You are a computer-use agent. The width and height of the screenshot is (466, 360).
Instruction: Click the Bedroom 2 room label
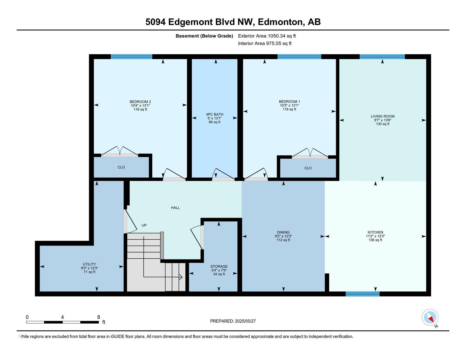140,102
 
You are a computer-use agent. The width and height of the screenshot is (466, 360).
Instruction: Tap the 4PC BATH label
214,114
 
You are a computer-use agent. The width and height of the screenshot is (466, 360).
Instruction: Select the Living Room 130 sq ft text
383,124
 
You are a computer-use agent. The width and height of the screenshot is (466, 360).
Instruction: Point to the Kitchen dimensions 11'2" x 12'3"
375,236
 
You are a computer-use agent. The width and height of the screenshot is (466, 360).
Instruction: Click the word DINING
283,232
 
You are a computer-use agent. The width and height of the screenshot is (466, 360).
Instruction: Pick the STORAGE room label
219,266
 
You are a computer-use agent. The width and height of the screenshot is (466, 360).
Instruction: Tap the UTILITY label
89,264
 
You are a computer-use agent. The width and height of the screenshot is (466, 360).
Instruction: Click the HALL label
175,208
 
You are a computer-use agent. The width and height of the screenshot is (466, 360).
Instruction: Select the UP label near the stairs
144,225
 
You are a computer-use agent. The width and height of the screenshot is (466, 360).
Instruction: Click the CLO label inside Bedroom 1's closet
308,168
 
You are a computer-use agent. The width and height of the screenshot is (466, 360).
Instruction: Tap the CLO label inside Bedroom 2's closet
121,167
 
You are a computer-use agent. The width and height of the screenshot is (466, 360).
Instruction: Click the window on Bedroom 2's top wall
131,57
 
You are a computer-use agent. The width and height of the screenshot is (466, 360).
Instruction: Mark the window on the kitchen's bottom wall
362,294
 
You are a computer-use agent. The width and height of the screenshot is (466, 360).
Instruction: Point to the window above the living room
382,57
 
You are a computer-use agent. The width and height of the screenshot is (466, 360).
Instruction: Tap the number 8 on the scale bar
99,317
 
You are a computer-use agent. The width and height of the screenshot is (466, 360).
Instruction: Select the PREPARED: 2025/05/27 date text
233,321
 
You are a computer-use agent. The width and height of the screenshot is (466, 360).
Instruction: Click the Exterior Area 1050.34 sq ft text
267,36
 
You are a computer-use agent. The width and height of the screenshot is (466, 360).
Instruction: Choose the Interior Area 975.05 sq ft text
265,43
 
